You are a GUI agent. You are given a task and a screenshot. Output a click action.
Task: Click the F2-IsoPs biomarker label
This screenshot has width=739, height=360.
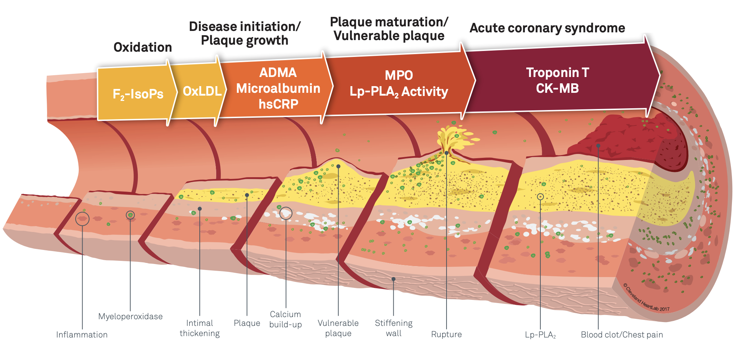click(138, 94)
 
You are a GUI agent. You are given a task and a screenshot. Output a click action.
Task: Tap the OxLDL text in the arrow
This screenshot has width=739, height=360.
click(202, 91)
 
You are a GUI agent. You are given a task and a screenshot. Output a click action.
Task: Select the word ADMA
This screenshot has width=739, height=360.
click(278, 72)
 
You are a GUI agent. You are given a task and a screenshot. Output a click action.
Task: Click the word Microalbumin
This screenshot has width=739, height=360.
click(278, 88)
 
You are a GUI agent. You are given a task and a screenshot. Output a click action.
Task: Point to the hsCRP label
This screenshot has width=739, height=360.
click(278, 104)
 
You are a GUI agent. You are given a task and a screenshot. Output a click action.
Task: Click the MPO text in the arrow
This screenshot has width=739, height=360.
click(399, 75)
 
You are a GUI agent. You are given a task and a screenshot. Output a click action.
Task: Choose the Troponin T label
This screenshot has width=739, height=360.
click(557, 72)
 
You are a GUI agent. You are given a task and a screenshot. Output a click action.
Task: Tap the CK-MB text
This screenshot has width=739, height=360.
click(557, 88)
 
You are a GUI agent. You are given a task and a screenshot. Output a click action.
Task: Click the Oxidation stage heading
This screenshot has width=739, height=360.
click(143, 47)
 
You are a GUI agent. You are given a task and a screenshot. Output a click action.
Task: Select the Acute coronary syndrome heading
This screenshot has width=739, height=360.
click(547, 28)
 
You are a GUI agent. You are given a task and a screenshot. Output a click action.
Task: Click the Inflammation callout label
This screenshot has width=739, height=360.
click(82, 335)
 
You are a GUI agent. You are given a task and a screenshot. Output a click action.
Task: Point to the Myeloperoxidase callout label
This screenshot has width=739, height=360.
click(130, 316)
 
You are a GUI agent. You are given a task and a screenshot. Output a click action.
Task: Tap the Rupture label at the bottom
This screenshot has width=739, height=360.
click(446, 334)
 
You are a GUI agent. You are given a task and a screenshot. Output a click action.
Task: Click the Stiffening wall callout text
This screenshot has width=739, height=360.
click(394, 328)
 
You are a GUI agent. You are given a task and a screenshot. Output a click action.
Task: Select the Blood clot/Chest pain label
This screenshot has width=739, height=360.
click(622, 335)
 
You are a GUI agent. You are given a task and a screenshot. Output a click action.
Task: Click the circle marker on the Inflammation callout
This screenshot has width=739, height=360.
click(82, 219)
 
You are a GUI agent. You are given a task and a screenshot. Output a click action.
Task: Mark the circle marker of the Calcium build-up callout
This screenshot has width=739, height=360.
click(286, 213)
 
